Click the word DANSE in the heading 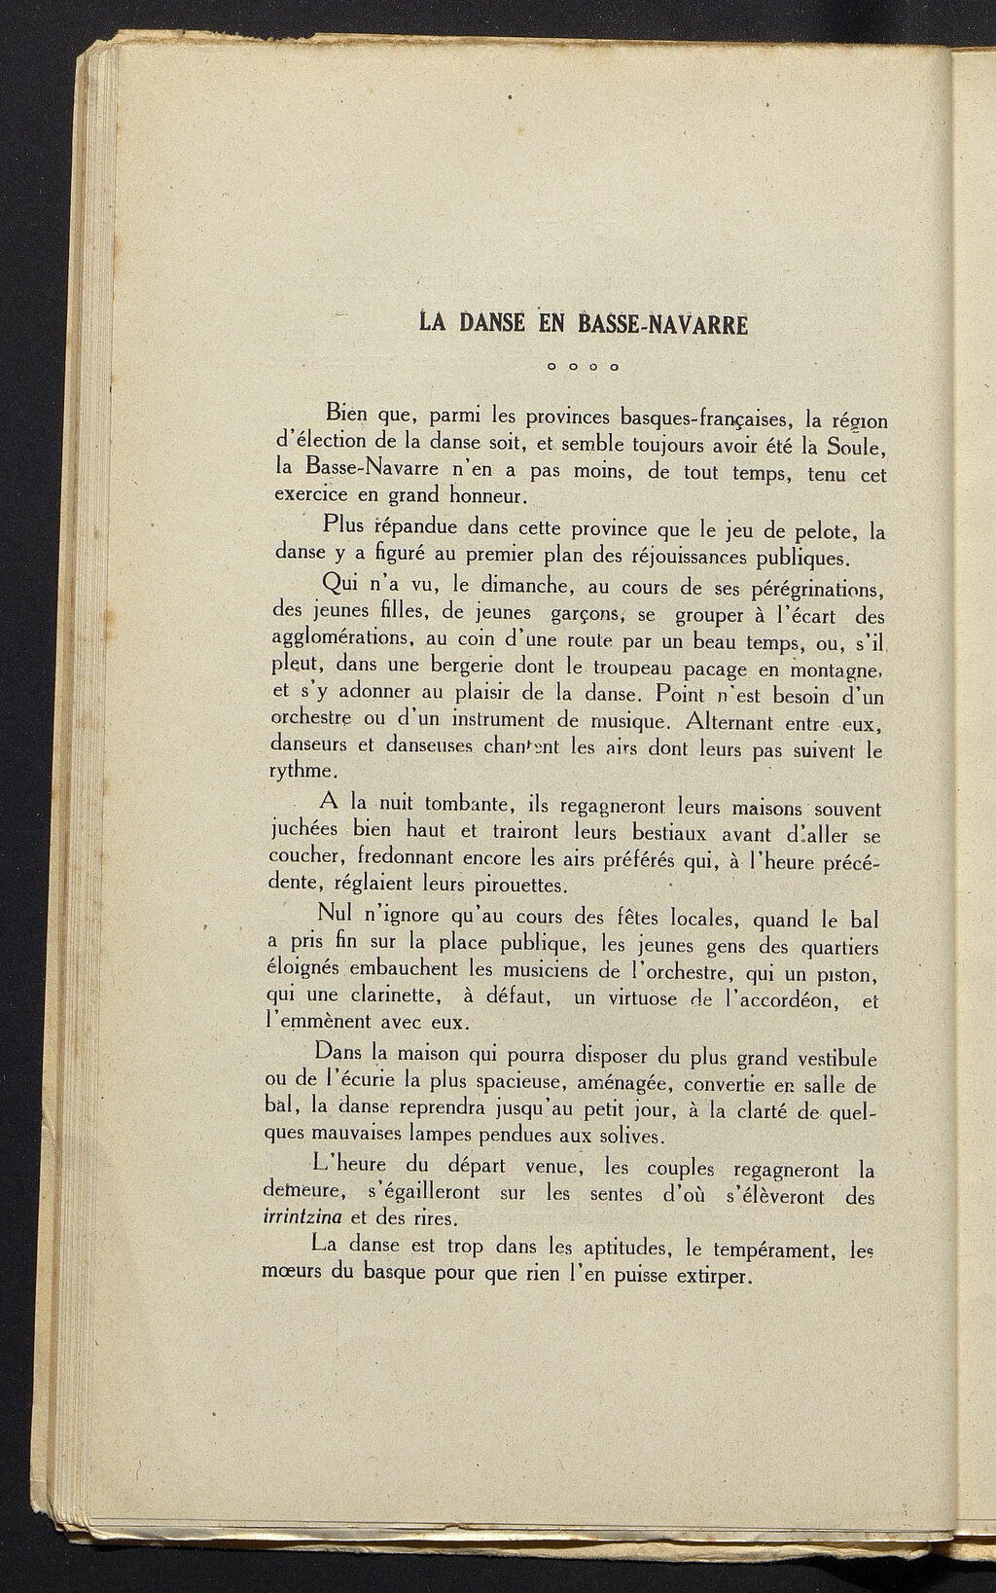point(490,322)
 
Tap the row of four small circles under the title point(584,368)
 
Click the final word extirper point(715,1276)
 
